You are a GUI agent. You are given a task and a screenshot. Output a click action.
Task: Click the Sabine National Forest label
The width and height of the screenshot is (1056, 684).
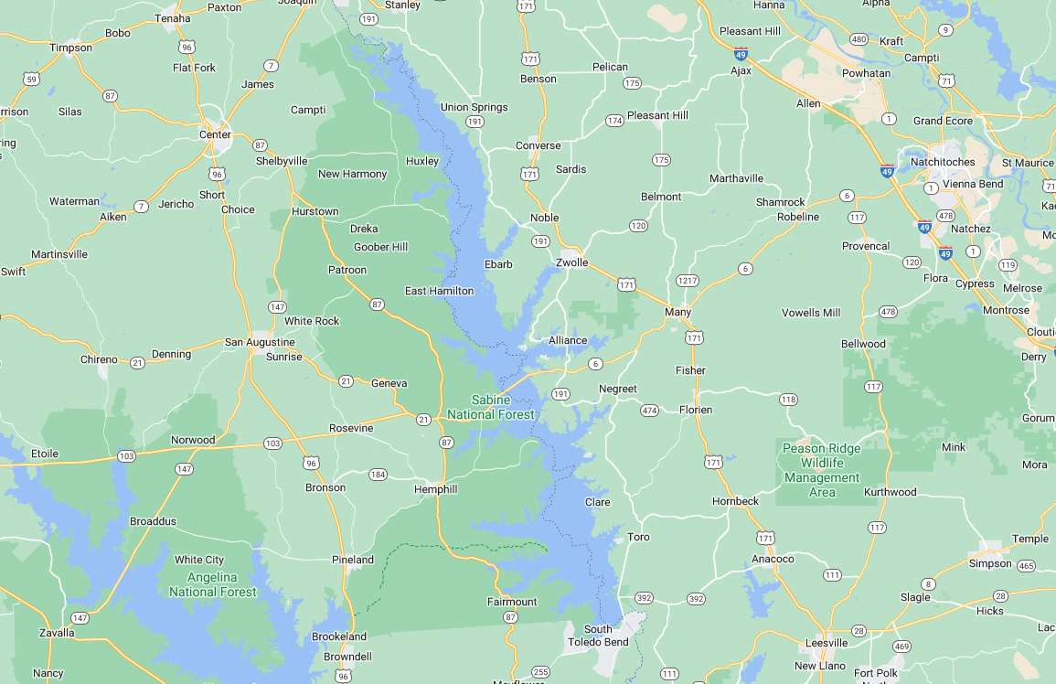pos(490,407)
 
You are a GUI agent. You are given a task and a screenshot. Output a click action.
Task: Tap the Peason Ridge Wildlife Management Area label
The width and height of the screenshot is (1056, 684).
pos(822,470)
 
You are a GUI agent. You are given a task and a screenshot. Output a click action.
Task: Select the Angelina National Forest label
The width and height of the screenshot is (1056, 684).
pos(212,584)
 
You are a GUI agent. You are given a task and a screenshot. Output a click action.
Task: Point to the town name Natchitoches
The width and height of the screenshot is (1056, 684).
pos(943,162)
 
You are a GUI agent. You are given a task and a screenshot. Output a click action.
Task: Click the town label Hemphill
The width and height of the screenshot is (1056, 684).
pos(435,489)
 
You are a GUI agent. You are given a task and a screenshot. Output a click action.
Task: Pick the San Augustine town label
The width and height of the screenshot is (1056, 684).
pos(260,342)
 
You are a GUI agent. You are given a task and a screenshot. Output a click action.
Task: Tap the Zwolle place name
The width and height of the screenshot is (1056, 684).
pos(571,262)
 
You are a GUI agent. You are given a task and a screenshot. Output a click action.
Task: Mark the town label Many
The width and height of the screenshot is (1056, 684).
pos(677,312)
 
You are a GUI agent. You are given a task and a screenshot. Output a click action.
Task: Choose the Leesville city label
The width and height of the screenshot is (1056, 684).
pos(826,643)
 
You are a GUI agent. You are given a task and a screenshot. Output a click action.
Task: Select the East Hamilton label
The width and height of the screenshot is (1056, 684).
pos(439,291)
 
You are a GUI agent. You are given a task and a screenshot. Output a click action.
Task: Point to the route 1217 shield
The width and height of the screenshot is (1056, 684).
pos(687,280)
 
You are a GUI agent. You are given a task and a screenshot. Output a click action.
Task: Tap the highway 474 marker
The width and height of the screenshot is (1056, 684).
pos(649,411)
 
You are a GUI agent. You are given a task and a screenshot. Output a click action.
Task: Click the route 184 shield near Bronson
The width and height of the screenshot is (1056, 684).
pos(378,475)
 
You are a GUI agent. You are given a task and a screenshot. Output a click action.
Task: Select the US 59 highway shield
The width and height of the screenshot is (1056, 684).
pos(32,80)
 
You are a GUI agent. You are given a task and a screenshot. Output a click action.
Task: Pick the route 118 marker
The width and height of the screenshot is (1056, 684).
pos(787,400)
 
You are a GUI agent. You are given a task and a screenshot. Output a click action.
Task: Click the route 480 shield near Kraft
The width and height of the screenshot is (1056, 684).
pos(858,39)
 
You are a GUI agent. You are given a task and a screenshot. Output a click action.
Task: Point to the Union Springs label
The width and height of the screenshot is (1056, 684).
pos(474,107)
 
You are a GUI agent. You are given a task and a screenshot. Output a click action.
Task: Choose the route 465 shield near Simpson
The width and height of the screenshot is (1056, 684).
pos(1026,566)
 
